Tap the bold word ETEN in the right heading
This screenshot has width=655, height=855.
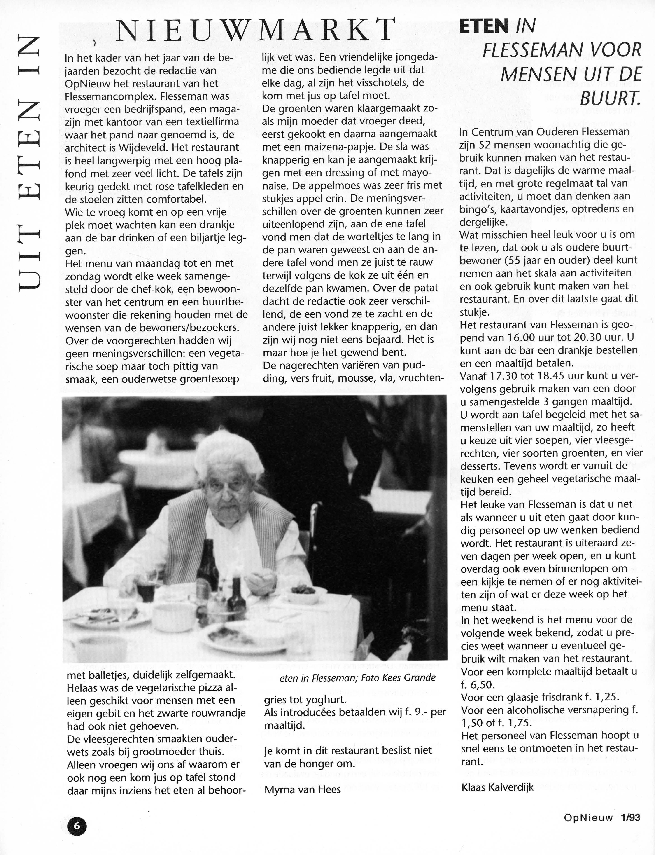pyautogui.click(x=484, y=26)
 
